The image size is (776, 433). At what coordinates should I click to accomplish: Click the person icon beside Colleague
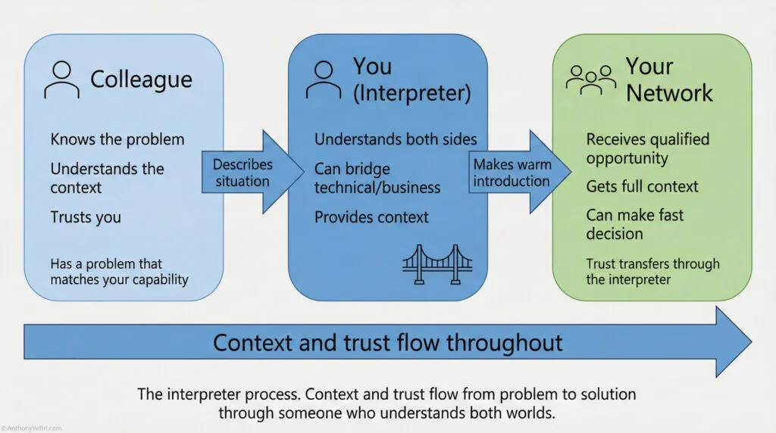[62, 79]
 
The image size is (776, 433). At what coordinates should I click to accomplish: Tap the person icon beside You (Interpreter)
[323, 79]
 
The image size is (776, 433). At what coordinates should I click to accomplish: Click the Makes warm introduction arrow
[517, 173]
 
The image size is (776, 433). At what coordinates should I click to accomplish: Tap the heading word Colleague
[141, 79]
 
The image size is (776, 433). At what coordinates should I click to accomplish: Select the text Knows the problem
[117, 139]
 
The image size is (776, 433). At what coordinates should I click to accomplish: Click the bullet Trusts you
[85, 217]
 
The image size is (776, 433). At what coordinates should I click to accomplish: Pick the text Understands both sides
[395, 139]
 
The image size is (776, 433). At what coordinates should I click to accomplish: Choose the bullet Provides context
[371, 217]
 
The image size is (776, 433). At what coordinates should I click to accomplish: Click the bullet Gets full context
[642, 186]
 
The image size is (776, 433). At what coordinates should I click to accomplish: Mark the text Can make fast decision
[634, 224]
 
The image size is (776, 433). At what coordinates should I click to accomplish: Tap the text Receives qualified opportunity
[647, 148]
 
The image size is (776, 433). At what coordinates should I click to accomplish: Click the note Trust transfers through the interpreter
[652, 271]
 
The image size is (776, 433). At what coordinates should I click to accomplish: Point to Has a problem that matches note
[119, 272]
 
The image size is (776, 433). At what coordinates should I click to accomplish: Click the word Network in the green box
[669, 93]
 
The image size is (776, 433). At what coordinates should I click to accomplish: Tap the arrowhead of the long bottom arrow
[731, 342]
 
